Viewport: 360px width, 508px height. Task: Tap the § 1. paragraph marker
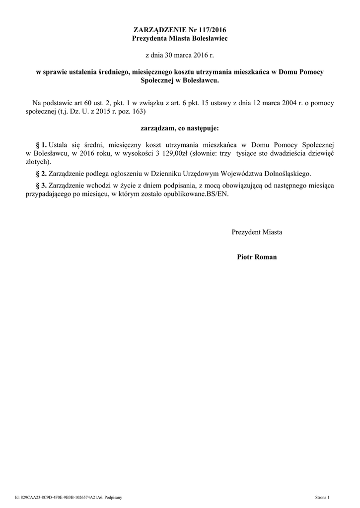pos(41,145)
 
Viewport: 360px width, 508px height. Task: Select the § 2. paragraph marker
pos(41,174)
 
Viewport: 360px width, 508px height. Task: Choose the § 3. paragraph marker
pos(41,186)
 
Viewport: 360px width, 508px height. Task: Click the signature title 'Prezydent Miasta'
pos(257,232)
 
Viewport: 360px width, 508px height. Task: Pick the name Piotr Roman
pos(257,257)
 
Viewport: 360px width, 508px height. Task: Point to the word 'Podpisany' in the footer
pos(117,497)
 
